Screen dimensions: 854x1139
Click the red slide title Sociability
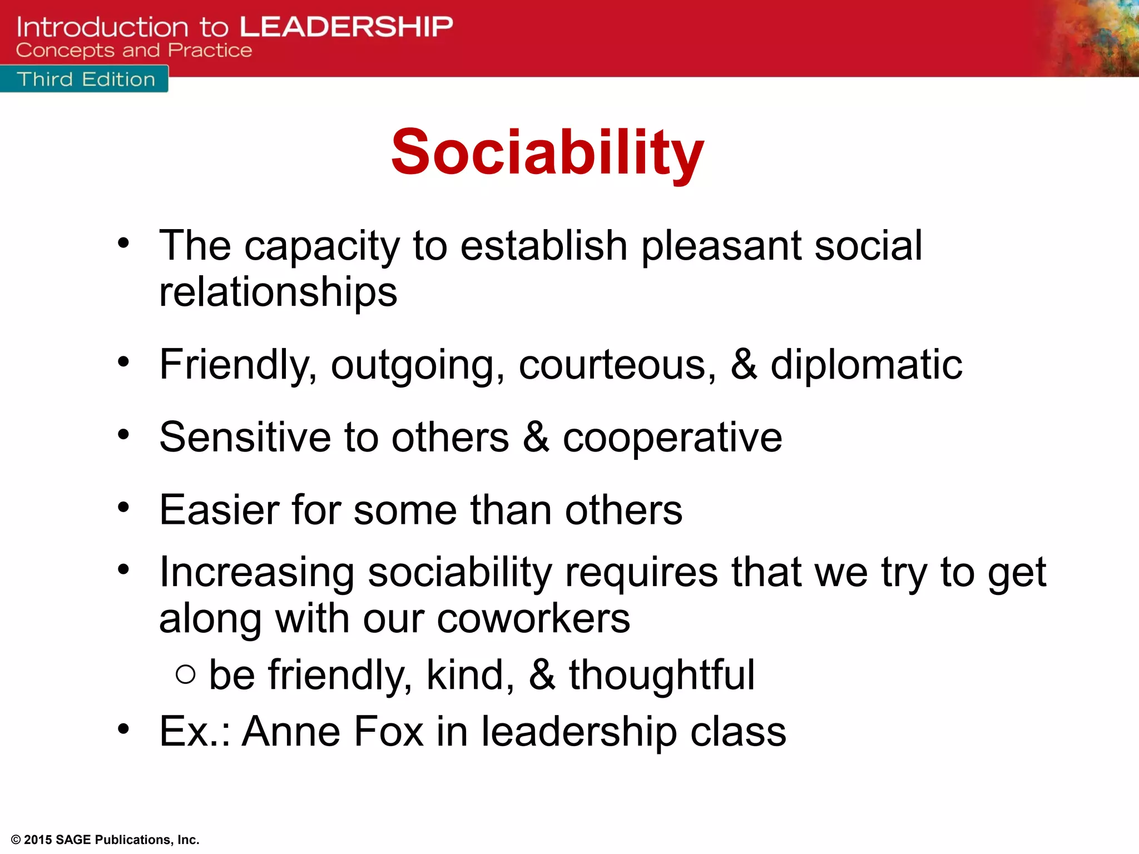click(x=547, y=152)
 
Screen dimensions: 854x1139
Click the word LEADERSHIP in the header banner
click(x=346, y=27)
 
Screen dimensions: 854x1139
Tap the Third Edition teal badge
click(x=85, y=79)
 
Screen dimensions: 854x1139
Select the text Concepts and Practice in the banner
click(x=133, y=50)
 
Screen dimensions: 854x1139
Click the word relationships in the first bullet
click(x=278, y=292)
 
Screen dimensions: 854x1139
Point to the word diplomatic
click(x=866, y=365)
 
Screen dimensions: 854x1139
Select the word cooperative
click(x=672, y=438)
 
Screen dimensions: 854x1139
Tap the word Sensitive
click(x=245, y=436)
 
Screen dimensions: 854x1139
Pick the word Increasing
click(x=256, y=572)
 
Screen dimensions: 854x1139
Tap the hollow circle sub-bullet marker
click(x=185, y=675)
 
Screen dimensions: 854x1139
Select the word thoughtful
click(x=661, y=675)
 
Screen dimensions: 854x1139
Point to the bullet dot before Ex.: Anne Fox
click(x=123, y=728)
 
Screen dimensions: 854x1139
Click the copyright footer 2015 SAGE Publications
click(x=105, y=840)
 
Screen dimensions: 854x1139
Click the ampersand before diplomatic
click(x=744, y=365)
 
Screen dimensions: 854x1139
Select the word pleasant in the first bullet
click(x=721, y=245)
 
